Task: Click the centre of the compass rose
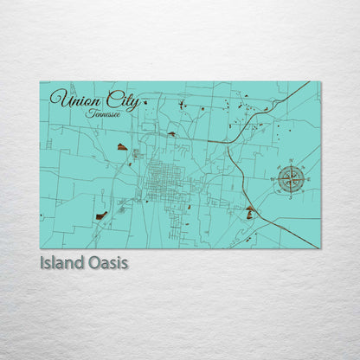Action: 291,180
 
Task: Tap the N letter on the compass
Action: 291,162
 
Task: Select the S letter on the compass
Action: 291,198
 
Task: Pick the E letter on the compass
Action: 309,180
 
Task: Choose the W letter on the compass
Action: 273,180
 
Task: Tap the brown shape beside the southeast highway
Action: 250,212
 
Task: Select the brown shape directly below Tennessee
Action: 123,147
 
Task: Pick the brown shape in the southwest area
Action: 101,215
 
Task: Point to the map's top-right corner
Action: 319,82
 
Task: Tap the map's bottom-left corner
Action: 41,247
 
